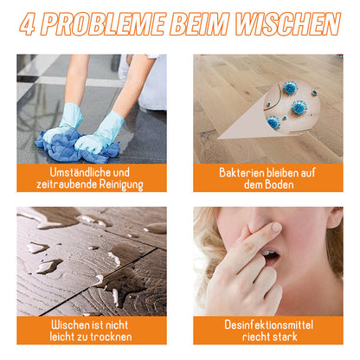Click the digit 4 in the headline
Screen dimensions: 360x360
pos(29,23)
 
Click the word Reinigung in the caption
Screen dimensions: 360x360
pos(119,185)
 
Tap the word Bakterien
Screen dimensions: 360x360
pos(242,171)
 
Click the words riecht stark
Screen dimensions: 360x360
pos(268,337)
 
